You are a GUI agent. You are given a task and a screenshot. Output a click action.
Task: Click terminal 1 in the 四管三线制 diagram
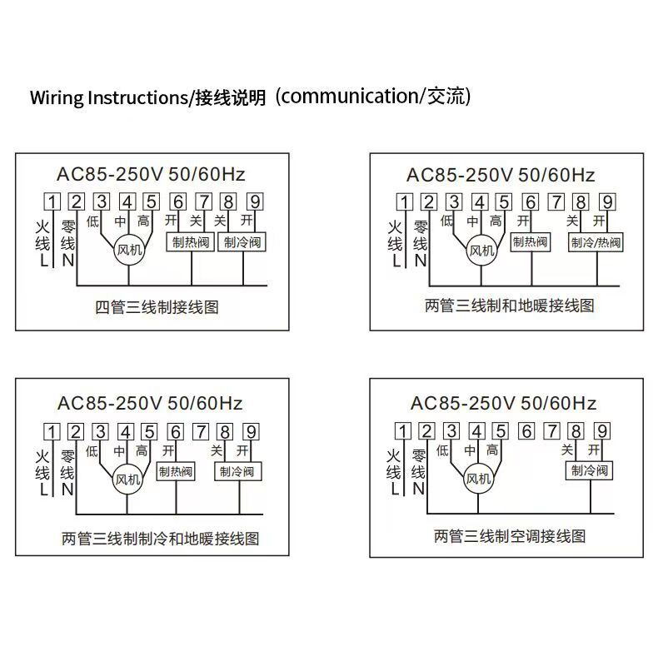[52, 201]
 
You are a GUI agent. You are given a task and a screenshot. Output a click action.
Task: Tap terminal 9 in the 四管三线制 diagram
[254, 201]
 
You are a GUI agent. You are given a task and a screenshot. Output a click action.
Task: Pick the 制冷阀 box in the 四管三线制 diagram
[242, 242]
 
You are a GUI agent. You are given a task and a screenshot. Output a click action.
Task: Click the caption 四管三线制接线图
[157, 306]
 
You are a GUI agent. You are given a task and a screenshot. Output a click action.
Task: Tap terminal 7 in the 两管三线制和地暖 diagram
[556, 201]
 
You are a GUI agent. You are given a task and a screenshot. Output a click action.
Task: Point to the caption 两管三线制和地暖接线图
[510, 306]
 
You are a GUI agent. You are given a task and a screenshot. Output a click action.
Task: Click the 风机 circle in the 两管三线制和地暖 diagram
[481, 250]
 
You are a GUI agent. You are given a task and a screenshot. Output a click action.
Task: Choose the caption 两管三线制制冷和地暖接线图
[161, 538]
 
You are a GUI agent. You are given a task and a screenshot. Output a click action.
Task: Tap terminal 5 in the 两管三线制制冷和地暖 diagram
[150, 431]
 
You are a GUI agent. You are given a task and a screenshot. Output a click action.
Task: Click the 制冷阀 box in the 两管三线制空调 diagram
[590, 470]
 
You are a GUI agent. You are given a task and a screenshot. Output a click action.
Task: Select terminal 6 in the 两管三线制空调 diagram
[526, 431]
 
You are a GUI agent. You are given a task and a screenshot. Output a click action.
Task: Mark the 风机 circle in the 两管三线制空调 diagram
[478, 479]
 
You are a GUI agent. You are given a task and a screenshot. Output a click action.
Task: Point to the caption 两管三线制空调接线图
[510, 535]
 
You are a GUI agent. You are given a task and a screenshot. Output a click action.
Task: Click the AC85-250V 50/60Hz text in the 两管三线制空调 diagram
[503, 404]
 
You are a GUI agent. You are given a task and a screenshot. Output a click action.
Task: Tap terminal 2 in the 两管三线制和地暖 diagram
[429, 201]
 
